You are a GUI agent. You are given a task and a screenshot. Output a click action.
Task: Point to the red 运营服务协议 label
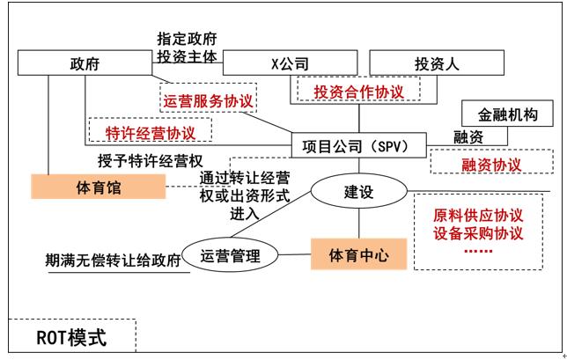(209, 101)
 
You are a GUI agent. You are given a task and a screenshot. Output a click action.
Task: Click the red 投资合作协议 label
(357, 91)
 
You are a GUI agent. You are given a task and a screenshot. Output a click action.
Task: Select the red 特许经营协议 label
(151, 132)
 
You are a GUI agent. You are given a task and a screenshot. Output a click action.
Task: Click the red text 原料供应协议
(479, 216)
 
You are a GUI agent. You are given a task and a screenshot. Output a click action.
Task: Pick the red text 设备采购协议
(479, 234)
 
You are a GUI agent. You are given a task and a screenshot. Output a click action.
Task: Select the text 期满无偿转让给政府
(113, 261)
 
